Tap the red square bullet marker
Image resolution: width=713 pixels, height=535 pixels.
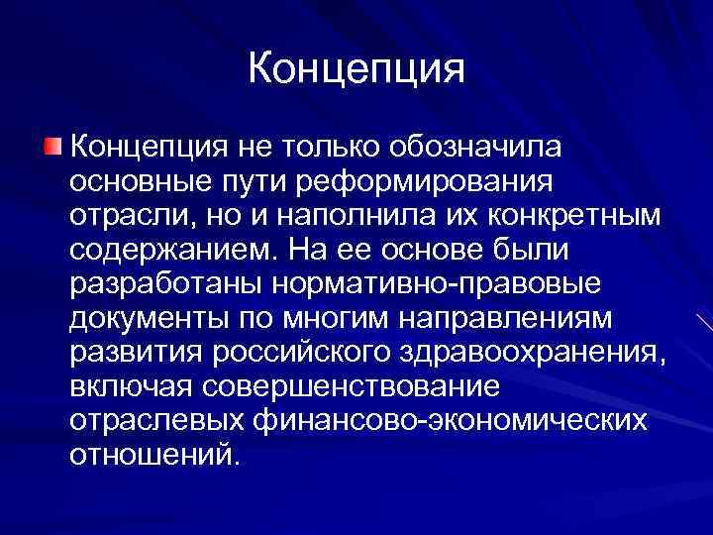[51, 148]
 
